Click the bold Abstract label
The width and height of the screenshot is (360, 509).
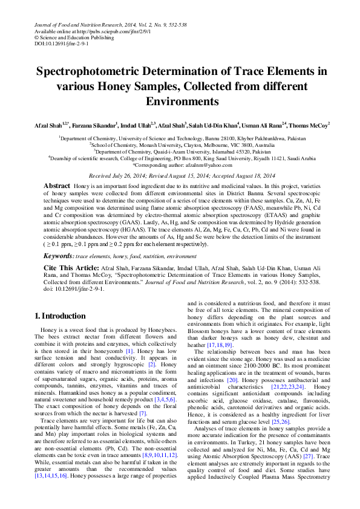[x=57, y=184]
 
